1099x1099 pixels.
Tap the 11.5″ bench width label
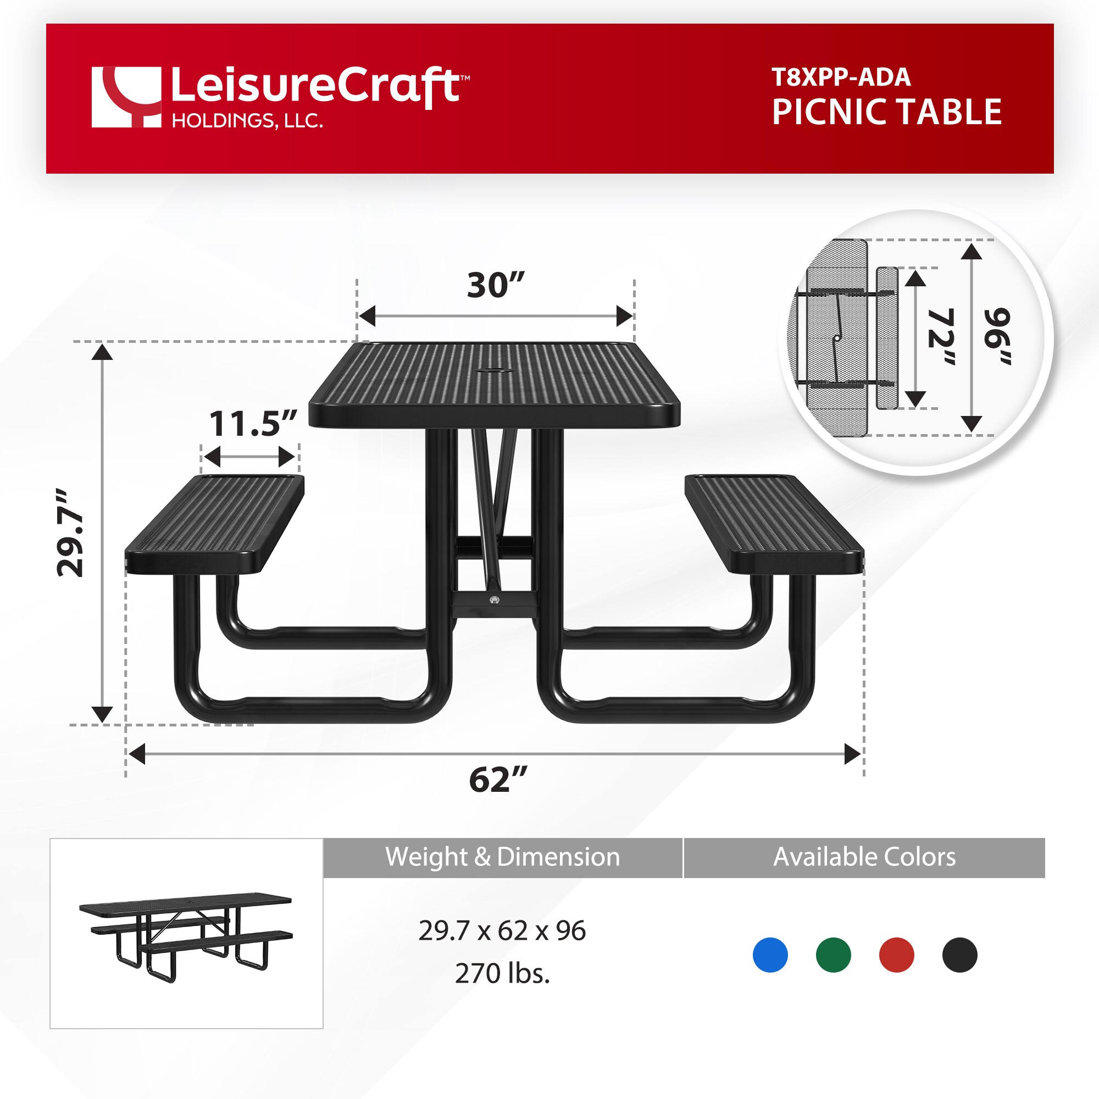253,424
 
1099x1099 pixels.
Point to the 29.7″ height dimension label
70,533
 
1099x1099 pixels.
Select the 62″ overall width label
498,779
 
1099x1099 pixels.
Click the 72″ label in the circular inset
940,337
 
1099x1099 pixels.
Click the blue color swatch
770,954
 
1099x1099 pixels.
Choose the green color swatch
833,954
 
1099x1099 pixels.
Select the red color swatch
896,954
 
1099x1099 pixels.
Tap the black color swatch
959,954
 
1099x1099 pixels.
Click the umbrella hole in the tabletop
495,371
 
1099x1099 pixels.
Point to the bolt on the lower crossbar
495,600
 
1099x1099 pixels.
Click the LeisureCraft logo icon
126,97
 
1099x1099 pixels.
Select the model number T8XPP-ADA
841,77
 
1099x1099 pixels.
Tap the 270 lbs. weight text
502,973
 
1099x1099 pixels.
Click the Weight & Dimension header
502,857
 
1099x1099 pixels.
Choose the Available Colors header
864,857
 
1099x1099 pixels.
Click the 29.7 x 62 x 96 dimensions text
502,931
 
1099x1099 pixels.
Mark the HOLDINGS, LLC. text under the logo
247,120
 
